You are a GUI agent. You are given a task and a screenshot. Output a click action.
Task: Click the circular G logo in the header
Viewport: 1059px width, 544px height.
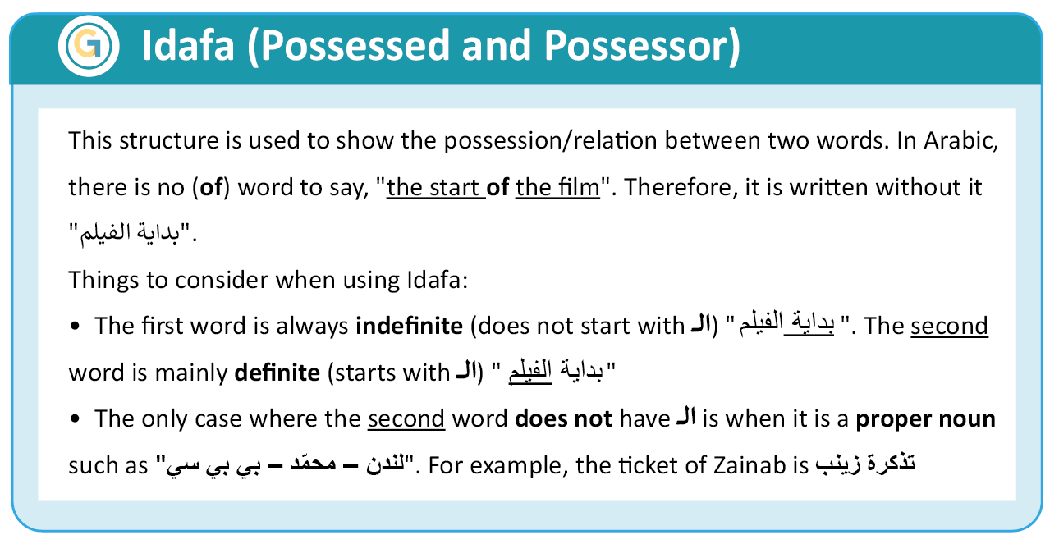point(89,46)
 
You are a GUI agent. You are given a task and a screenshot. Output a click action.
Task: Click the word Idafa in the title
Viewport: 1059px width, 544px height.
point(188,45)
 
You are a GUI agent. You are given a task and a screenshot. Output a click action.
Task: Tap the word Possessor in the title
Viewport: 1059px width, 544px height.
point(635,45)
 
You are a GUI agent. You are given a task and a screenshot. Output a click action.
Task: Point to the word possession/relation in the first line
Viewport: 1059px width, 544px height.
point(551,141)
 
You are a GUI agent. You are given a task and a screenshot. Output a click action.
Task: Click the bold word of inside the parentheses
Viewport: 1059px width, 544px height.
point(211,187)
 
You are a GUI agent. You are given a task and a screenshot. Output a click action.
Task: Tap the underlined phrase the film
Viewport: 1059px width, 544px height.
point(557,187)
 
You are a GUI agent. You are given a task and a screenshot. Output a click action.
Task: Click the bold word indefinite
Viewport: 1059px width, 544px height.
point(409,326)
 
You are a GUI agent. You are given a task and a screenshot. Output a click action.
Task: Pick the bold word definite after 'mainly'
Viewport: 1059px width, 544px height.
point(277,373)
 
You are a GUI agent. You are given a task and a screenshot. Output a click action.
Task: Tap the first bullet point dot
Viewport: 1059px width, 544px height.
point(75,326)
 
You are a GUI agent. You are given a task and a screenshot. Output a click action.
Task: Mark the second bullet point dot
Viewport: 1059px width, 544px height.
point(75,418)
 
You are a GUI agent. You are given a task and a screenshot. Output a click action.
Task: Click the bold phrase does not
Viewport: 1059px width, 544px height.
point(563,418)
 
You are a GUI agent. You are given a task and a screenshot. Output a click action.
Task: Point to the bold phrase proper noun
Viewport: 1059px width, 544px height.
point(926,419)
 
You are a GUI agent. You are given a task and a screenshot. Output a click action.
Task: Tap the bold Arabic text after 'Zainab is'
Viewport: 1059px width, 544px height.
point(865,464)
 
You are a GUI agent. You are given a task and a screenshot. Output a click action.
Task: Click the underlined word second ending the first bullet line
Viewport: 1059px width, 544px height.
point(949,326)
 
